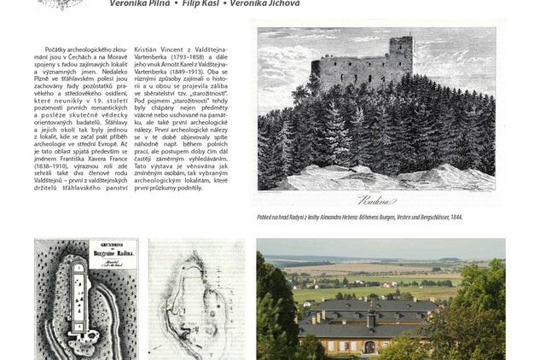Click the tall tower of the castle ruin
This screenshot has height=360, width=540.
click(401, 60)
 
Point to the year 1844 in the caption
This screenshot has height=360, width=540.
click(456, 218)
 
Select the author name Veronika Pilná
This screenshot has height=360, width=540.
click(139, 3)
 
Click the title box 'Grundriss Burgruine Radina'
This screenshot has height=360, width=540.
click(113, 253)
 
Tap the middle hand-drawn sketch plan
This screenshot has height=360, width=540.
click(195, 299)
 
